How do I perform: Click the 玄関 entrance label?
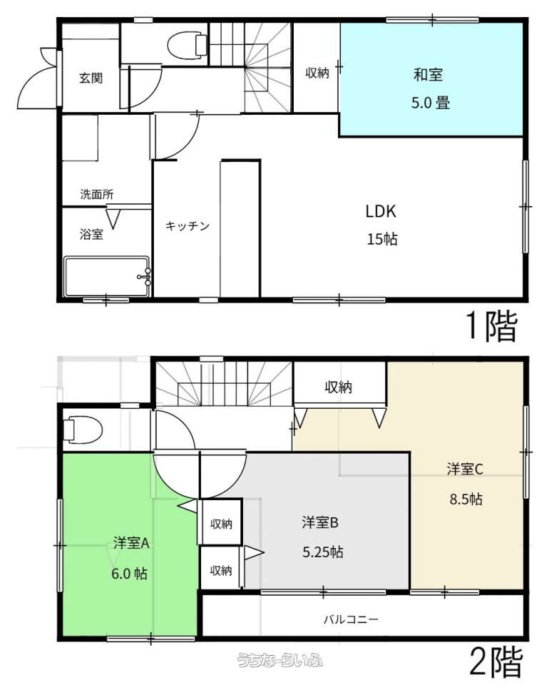click(91, 78)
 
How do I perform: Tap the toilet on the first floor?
click(188, 44)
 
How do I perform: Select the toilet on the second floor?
click(83, 429)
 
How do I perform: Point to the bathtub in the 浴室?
click(108, 277)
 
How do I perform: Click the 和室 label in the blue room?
click(428, 75)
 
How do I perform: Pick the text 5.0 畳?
click(431, 103)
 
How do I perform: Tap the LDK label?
click(381, 211)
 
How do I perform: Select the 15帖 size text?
click(382, 240)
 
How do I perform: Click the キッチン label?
click(188, 226)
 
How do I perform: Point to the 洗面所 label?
click(97, 194)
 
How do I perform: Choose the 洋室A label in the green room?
click(131, 543)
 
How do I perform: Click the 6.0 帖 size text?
click(129, 573)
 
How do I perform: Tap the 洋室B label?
click(320, 522)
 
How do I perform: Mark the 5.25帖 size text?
click(323, 552)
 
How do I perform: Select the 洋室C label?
click(465, 470)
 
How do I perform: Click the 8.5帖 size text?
click(466, 499)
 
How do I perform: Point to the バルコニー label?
click(351, 619)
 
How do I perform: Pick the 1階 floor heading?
click(492, 326)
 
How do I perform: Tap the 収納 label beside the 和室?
click(317, 73)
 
